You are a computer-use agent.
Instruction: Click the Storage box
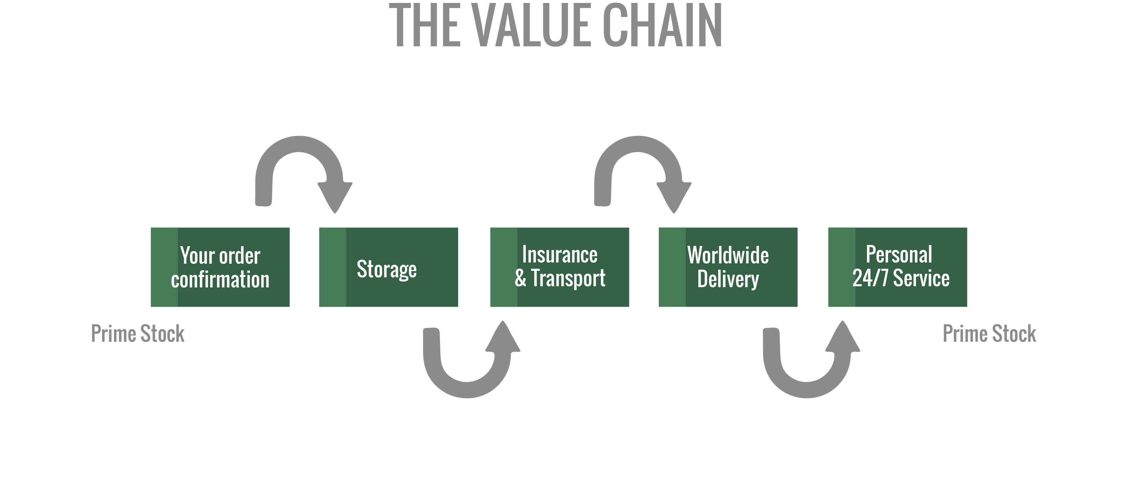[x=389, y=267]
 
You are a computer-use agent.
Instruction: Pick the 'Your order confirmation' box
[x=220, y=267]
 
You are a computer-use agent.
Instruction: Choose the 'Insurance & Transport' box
[x=560, y=267]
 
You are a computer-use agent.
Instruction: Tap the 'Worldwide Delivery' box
[x=728, y=267]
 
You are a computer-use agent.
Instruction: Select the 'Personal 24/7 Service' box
[x=897, y=267]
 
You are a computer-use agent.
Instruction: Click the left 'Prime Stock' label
[x=137, y=334]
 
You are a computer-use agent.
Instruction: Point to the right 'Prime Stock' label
[x=989, y=334]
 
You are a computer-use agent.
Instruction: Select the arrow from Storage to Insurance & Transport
[x=467, y=389]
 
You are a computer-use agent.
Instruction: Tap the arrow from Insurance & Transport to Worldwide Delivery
[x=638, y=144]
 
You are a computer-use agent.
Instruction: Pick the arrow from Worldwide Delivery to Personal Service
[x=807, y=389]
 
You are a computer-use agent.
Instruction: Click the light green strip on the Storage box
[x=333, y=267]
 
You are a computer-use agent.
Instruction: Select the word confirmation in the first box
[x=220, y=280]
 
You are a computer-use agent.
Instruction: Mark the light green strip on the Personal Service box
[x=842, y=267]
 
